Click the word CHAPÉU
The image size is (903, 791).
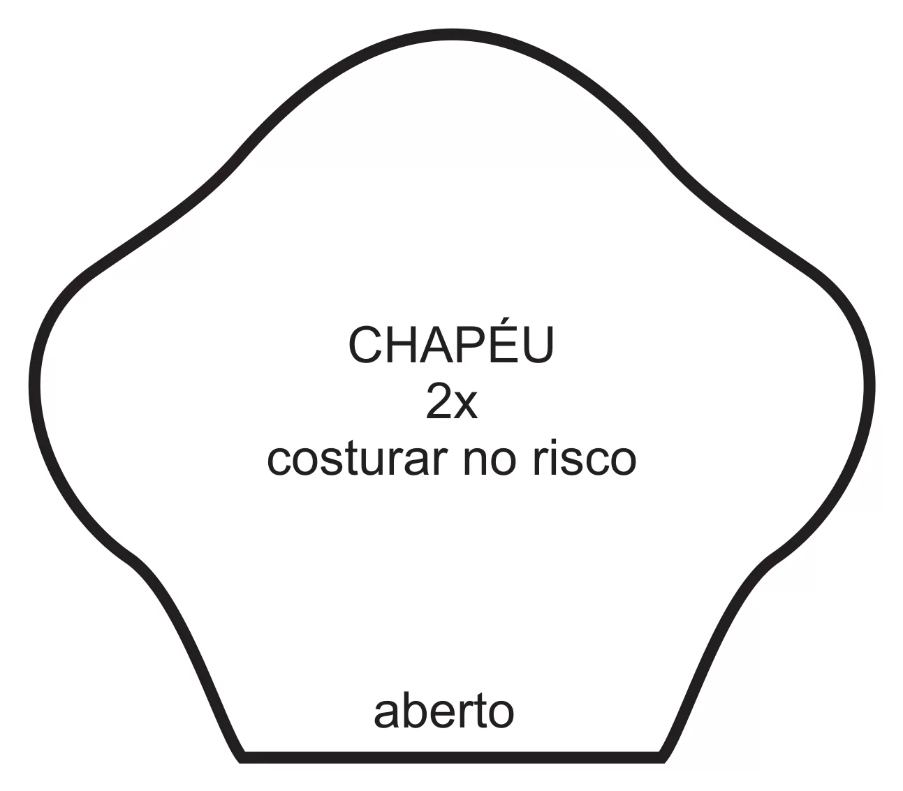click(x=451, y=343)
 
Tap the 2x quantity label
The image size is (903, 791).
click(x=451, y=401)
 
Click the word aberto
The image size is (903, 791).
click(x=443, y=711)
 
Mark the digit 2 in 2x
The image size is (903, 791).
click(x=439, y=401)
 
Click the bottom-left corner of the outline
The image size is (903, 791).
click(x=241, y=760)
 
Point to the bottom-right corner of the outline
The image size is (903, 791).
click(x=663, y=760)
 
